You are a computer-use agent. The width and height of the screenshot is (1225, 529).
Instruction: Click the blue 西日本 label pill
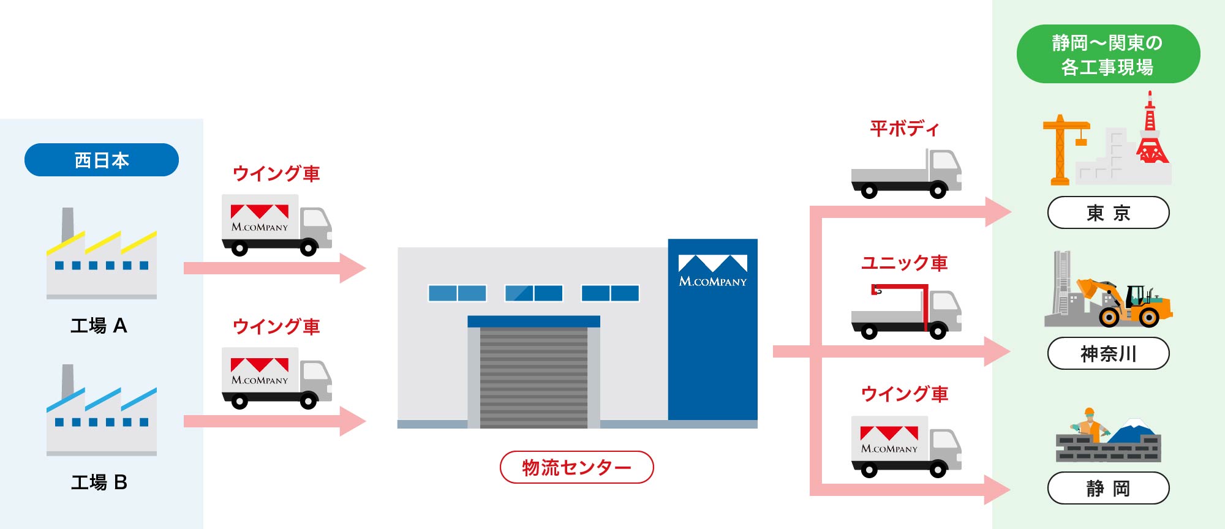click(102, 160)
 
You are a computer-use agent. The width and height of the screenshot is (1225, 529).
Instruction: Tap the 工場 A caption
click(99, 326)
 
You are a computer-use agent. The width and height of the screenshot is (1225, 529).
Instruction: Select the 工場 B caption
click(99, 482)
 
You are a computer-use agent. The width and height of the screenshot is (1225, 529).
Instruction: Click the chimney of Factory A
click(67, 223)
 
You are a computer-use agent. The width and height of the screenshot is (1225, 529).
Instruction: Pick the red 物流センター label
click(576, 467)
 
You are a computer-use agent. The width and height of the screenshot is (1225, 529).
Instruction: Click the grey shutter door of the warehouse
click(533, 377)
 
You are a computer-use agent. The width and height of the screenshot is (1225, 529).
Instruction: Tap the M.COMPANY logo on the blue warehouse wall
click(712, 271)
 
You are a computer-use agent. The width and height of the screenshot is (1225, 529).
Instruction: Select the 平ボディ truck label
click(904, 129)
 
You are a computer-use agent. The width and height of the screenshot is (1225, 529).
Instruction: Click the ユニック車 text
click(904, 263)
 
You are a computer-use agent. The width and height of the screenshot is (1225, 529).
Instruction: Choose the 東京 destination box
click(1108, 212)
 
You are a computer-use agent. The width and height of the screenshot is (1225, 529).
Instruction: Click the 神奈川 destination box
click(1108, 353)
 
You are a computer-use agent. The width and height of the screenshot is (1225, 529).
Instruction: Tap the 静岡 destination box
click(1108, 488)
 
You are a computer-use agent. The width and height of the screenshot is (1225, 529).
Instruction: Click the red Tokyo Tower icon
click(1151, 135)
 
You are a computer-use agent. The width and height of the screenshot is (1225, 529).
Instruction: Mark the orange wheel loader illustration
click(1127, 303)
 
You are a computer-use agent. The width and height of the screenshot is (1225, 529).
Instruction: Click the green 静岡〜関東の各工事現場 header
click(1108, 54)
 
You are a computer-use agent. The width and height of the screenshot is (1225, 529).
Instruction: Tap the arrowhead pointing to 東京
click(998, 212)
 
